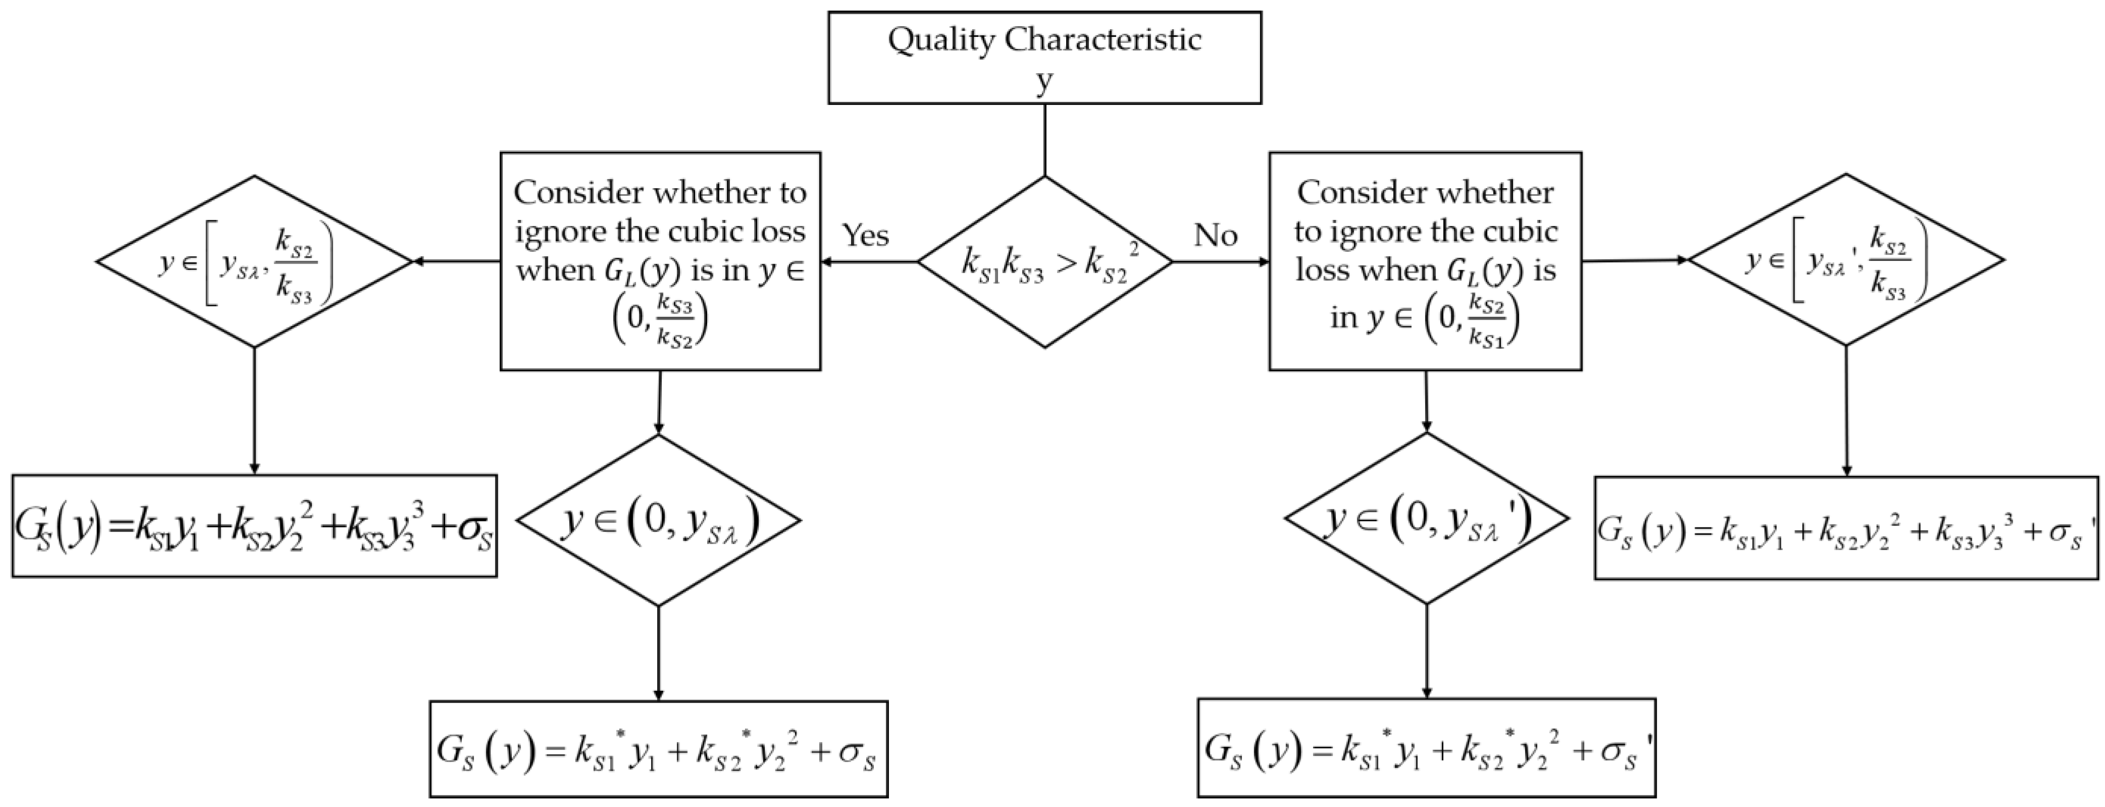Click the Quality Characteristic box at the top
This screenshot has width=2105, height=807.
[1044, 57]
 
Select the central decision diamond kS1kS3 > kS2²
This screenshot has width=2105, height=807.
[1044, 262]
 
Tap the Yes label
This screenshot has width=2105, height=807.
[865, 235]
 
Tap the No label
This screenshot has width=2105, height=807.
[1215, 235]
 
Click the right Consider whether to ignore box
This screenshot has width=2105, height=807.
[1425, 261]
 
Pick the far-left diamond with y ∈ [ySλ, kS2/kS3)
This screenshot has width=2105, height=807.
[254, 261]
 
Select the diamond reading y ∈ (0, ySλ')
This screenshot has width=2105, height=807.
[1426, 518]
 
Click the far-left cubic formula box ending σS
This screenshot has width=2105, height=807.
[254, 526]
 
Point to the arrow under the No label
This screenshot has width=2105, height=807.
[1221, 262]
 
